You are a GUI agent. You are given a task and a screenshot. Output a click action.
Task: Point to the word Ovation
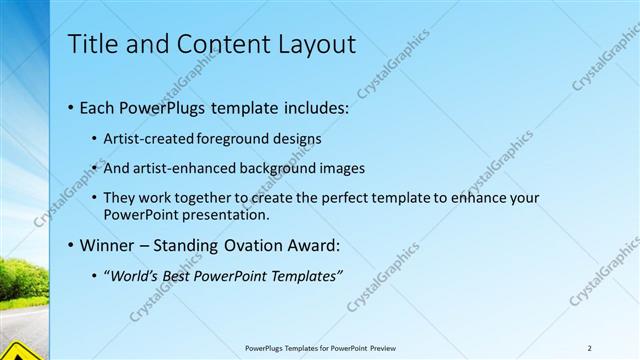coord(255,245)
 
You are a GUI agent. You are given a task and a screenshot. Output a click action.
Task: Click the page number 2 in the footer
coord(590,348)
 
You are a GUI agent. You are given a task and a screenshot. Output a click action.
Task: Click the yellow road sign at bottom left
coord(18,352)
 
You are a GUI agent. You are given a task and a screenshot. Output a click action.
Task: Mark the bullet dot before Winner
coord(71,246)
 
